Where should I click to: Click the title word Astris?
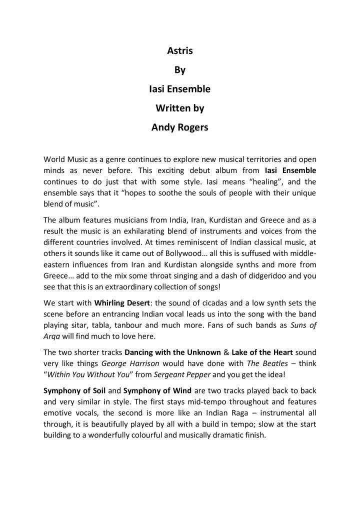[x=180, y=51]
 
